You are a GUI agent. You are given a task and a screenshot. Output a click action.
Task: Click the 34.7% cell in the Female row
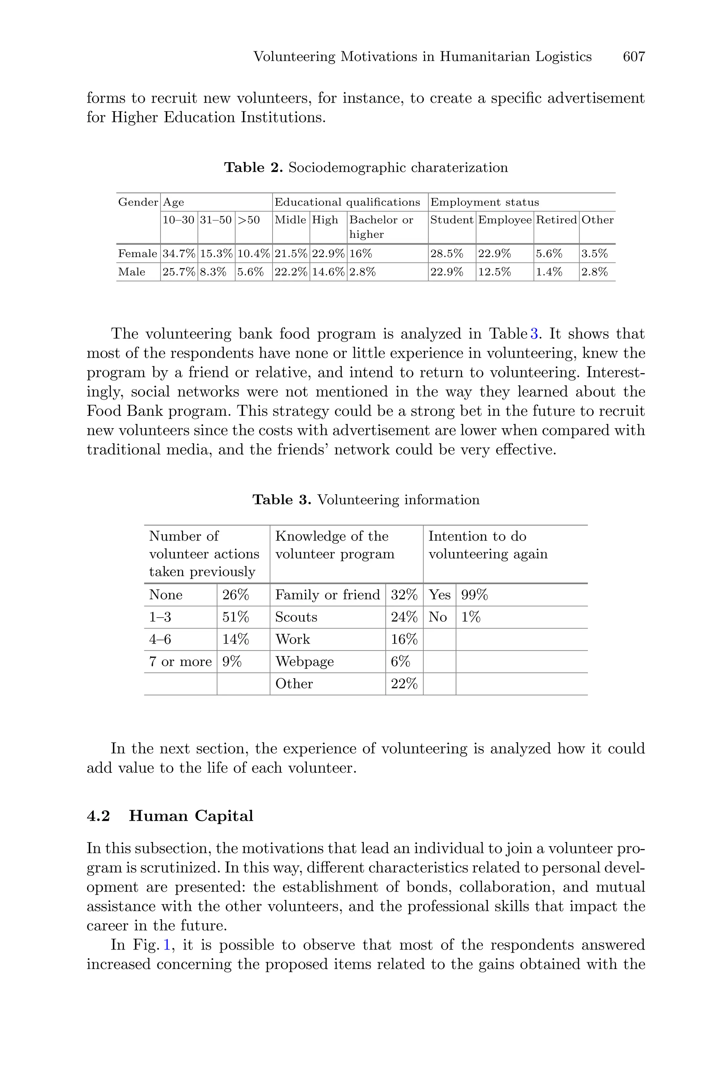pos(179,254)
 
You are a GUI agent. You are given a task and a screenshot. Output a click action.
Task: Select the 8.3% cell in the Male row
pos(213,272)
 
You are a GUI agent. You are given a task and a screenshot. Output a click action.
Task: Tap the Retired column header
pos(556,220)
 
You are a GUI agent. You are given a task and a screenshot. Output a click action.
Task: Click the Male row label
pos(132,272)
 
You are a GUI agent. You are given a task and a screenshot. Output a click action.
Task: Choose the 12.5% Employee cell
pos(494,272)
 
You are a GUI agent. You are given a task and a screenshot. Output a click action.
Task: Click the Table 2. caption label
pos(253,168)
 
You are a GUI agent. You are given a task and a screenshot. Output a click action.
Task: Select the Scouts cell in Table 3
pos(296,617)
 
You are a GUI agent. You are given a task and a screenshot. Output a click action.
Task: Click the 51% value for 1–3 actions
pos(235,617)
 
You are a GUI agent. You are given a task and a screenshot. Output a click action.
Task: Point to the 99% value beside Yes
pos(474,595)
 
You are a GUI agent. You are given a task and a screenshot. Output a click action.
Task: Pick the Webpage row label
pos(304,662)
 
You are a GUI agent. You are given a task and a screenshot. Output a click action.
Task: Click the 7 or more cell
pos(180,662)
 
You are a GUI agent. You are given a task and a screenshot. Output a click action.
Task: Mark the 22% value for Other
pos(404,684)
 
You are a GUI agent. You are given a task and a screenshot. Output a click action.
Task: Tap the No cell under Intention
pos(438,617)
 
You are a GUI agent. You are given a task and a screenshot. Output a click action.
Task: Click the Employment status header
pos(485,202)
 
